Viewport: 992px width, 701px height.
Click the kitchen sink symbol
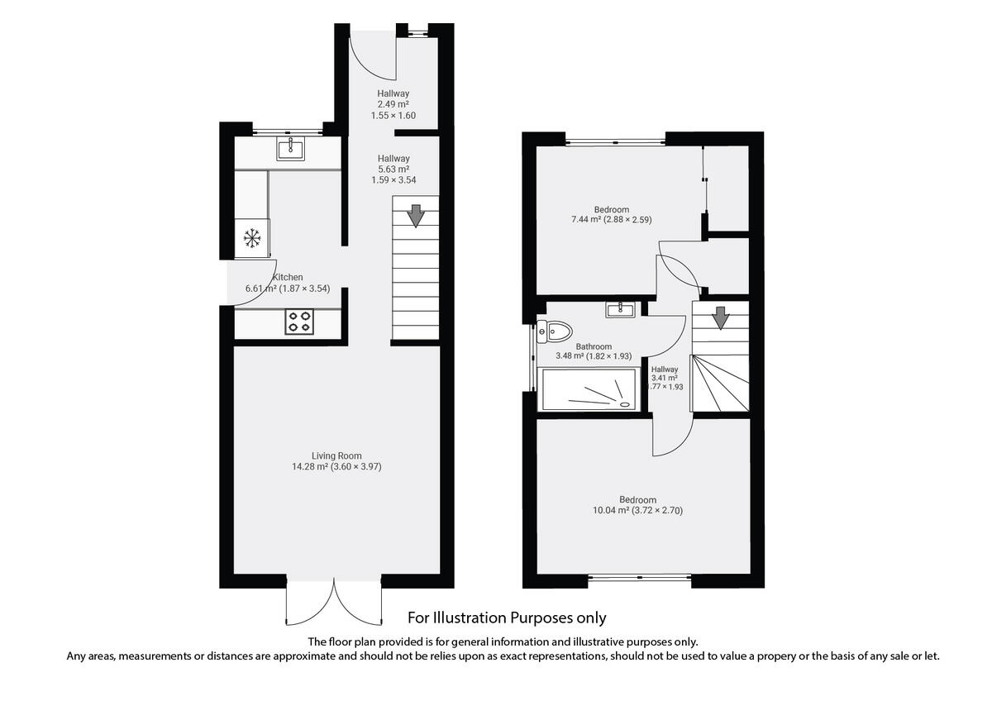(290, 150)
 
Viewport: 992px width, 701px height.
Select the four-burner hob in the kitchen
(299, 322)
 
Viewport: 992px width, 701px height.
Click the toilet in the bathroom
(553, 332)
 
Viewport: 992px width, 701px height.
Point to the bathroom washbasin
(619, 310)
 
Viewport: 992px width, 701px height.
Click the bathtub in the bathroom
(588, 389)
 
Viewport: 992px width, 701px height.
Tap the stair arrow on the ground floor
(415, 216)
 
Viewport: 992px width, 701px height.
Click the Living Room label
(336, 455)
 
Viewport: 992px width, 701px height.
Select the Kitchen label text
(287, 277)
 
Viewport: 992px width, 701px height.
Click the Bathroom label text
(594, 346)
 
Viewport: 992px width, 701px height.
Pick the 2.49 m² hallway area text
(393, 104)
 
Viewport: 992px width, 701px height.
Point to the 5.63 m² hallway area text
(393, 169)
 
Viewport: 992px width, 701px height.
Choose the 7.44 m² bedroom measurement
(612, 221)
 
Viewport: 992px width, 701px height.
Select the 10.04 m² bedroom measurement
(638, 510)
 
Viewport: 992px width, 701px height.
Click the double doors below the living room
(334, 602)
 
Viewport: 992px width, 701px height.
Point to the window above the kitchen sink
(286, 131)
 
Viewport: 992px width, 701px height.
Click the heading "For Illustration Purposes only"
(507, 618)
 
